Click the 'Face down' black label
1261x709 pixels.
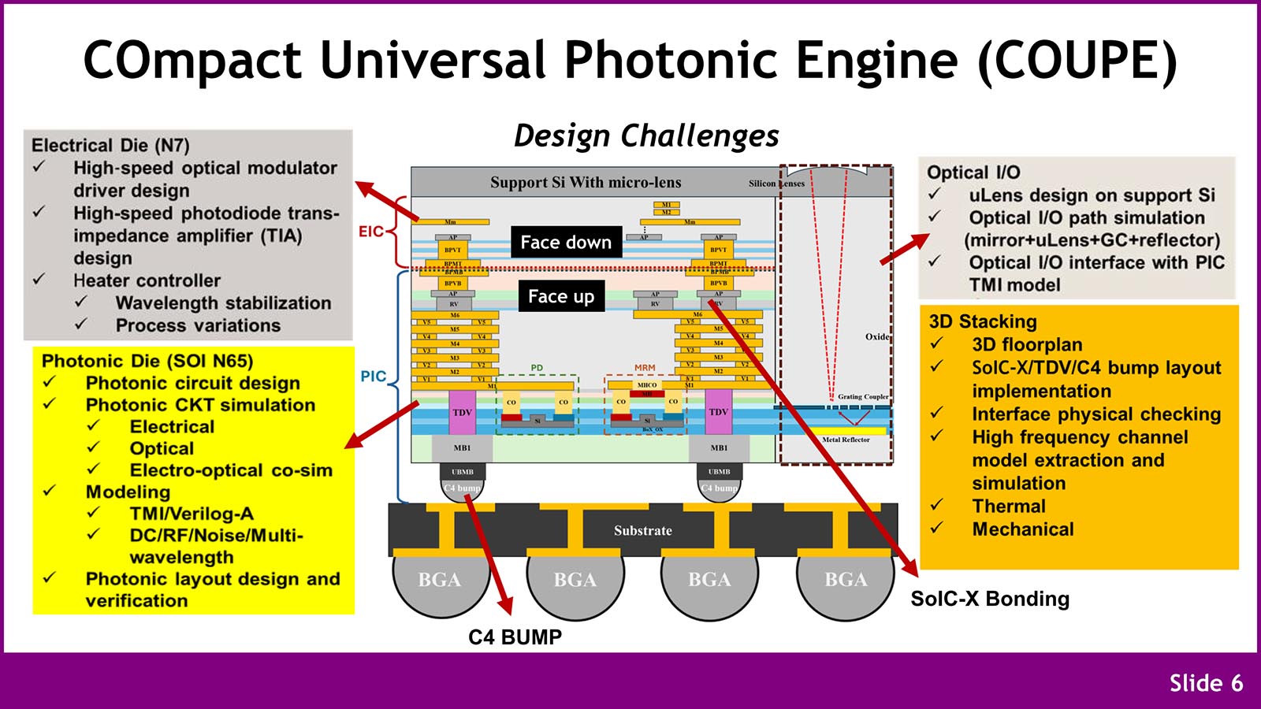click(566, 243)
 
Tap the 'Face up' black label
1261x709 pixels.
click(561, 296)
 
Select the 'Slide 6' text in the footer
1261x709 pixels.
click(1206, 683)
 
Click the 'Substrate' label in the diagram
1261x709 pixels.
click(643, 531)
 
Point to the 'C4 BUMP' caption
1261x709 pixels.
click(515, 637)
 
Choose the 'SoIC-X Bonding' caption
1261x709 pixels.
click(990, 599)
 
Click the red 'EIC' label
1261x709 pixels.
click(370, 232)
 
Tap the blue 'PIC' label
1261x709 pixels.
click(373, 377)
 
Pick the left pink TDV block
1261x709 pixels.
click(462, 412)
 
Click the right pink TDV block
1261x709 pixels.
click(719, 412)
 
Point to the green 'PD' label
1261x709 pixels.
click(537, 368)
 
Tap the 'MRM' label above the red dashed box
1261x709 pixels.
click(645, 368)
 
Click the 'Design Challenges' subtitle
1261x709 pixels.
click(646, 135)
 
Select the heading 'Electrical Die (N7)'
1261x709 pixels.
click(110, 145)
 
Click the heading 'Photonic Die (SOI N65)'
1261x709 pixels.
click(147, 361)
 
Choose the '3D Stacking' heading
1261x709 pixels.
click(983, 321)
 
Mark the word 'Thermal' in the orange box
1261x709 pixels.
click(1009, 506)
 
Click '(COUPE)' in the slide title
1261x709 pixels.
click(1077, 60)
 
